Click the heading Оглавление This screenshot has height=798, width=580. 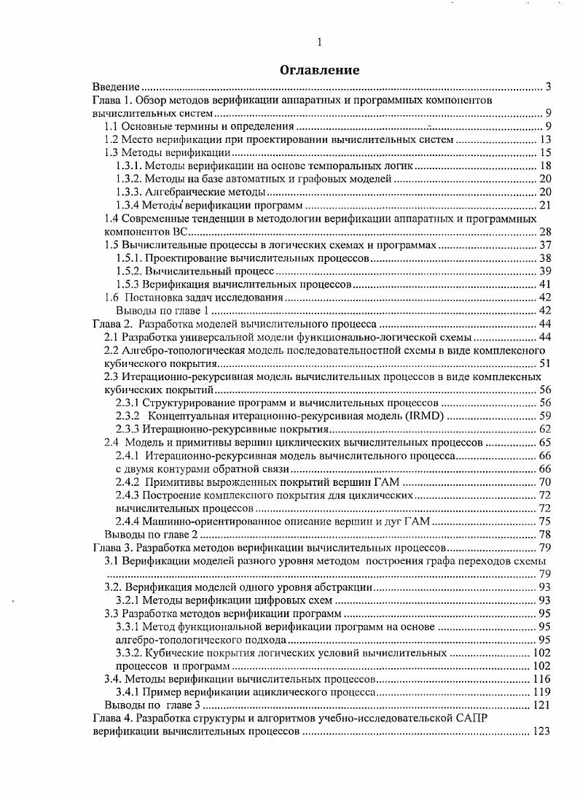coord(320,71)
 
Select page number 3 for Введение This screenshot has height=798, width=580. coord(548,88)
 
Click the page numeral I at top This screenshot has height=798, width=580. coord(320,42)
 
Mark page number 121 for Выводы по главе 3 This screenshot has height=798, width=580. coord(542,705)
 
